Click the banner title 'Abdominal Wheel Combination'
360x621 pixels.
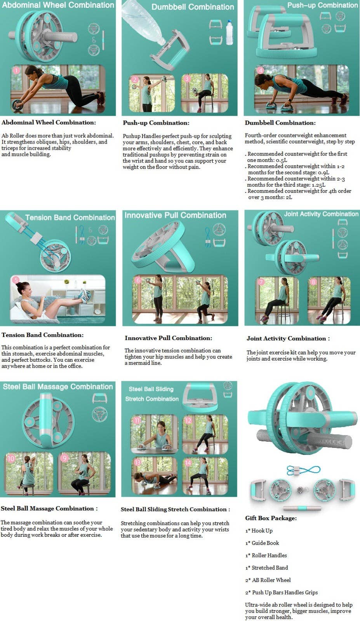click(x=58, y=5)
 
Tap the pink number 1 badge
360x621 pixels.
click(x=16, y=71)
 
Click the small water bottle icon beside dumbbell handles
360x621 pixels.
click(x=230, y=32)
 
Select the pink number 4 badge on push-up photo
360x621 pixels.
click(x=260, y=70)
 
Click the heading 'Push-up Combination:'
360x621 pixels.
click(x=156, y=123)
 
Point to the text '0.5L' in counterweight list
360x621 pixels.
click(x=282, y=160)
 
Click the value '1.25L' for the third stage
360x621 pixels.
click(x=318, y=185)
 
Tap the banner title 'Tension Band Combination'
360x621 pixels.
click(x=70, y=217)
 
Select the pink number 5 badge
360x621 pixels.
click(x=16, y=280)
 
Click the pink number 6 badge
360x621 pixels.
click(x=138, y=280)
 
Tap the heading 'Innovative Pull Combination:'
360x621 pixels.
click(x=168, y=338)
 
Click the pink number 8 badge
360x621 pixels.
click(x=313, y=282)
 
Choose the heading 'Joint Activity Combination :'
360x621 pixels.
click(x=288, y=338)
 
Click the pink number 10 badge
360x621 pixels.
click(x=11, y=458)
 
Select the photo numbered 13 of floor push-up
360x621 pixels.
click(x=154, y=476)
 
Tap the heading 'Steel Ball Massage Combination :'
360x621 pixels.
click(x=49, y=508)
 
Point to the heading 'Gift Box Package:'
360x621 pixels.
click(x=271, y=518)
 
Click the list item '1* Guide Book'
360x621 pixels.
click(x=262, y=543)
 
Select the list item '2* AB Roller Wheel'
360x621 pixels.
click(x=268, y=580)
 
